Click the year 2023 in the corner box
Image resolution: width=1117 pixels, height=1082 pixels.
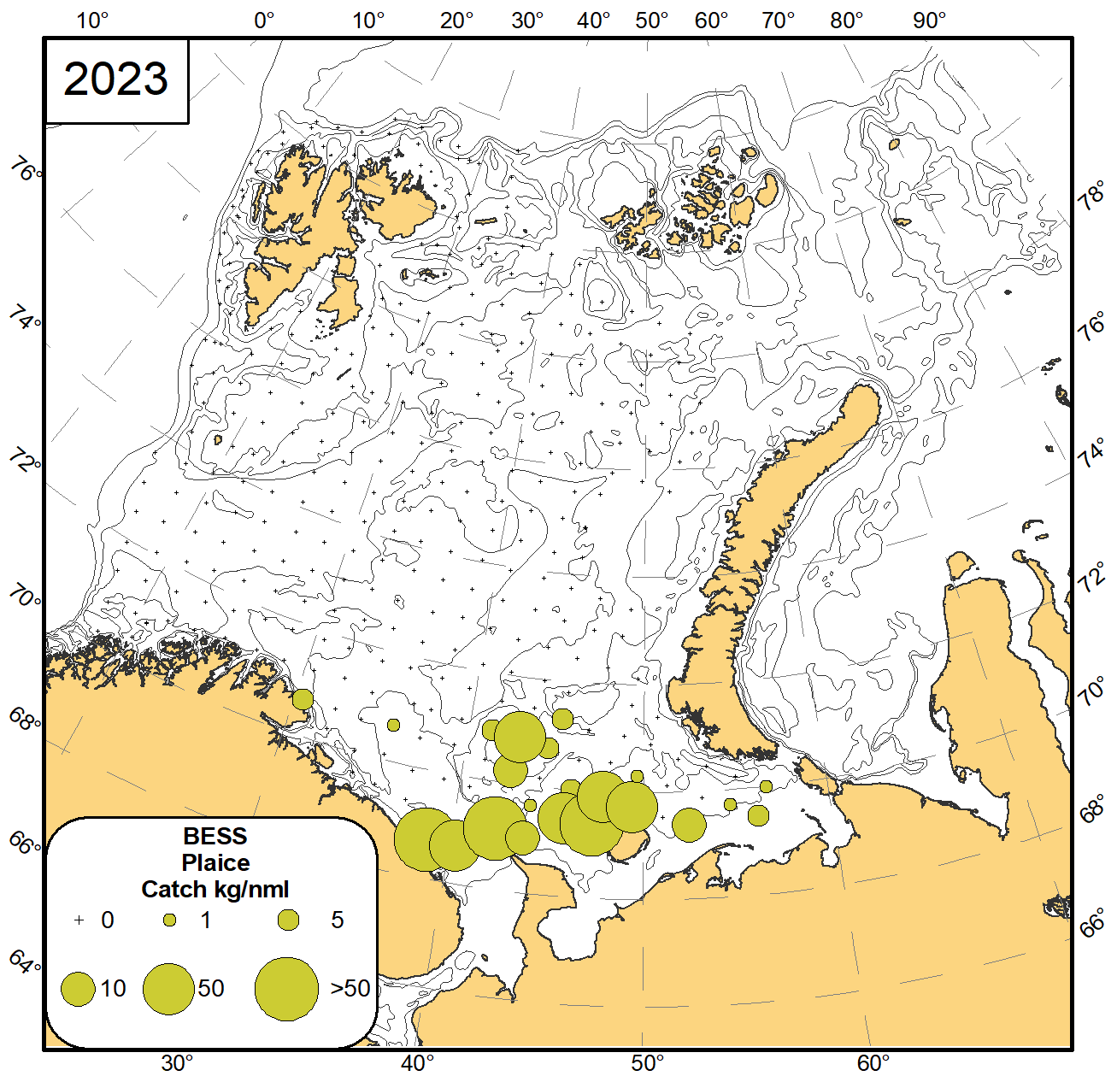115,79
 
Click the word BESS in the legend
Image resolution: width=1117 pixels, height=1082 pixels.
215,836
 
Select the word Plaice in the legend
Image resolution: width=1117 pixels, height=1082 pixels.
215,862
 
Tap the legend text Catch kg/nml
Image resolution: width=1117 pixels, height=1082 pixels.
215,889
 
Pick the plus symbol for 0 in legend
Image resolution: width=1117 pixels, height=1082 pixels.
79,920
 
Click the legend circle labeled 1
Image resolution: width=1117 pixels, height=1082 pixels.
170,920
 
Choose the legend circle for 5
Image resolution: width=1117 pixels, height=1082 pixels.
289,920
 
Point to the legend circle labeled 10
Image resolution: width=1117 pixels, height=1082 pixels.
79,990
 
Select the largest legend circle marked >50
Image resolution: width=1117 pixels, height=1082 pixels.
287,989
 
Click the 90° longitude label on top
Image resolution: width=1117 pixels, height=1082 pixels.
929,21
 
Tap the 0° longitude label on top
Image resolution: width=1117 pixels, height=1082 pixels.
264,21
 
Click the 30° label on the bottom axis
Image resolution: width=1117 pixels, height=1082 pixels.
178,1064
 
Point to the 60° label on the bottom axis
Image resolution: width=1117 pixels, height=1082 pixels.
873,1064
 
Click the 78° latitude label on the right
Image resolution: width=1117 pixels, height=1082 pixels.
1091,198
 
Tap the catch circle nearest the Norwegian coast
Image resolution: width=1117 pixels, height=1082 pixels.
303,699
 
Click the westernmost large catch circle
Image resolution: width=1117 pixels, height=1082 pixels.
425,839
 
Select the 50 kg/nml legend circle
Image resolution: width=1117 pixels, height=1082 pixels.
168,989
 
